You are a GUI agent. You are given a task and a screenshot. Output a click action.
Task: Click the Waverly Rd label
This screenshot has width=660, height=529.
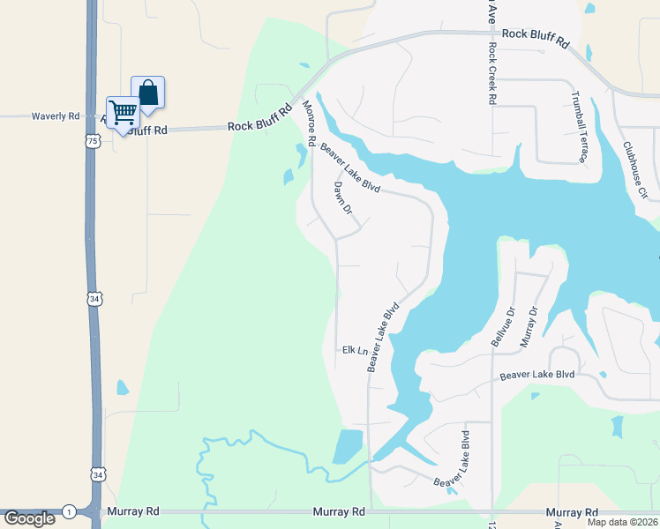point(56,116)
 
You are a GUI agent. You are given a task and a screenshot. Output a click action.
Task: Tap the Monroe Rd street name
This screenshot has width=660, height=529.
point(309,123)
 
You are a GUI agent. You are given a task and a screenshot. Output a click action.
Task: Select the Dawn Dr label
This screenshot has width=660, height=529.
point(342,198)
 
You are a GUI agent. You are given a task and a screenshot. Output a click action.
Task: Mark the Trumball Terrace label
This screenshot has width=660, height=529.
point(580,129)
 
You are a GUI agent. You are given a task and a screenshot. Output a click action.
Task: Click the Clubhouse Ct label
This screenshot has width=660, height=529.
point(634,168)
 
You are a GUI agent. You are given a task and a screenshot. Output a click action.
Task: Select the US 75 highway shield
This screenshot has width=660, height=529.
point(93,141)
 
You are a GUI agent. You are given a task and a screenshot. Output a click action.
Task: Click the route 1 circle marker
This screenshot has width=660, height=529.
point(68,511)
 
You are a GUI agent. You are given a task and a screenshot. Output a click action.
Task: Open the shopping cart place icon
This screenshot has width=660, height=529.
point(124,111)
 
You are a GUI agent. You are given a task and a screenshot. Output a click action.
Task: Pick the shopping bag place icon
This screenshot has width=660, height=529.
point(148,92)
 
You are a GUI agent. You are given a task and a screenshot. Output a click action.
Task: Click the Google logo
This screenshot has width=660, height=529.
point(29,518)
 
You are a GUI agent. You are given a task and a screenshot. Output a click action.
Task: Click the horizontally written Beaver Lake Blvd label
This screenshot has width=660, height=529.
point(536,375)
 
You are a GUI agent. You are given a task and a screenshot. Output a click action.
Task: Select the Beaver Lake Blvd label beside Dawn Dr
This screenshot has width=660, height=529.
point(350,168)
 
